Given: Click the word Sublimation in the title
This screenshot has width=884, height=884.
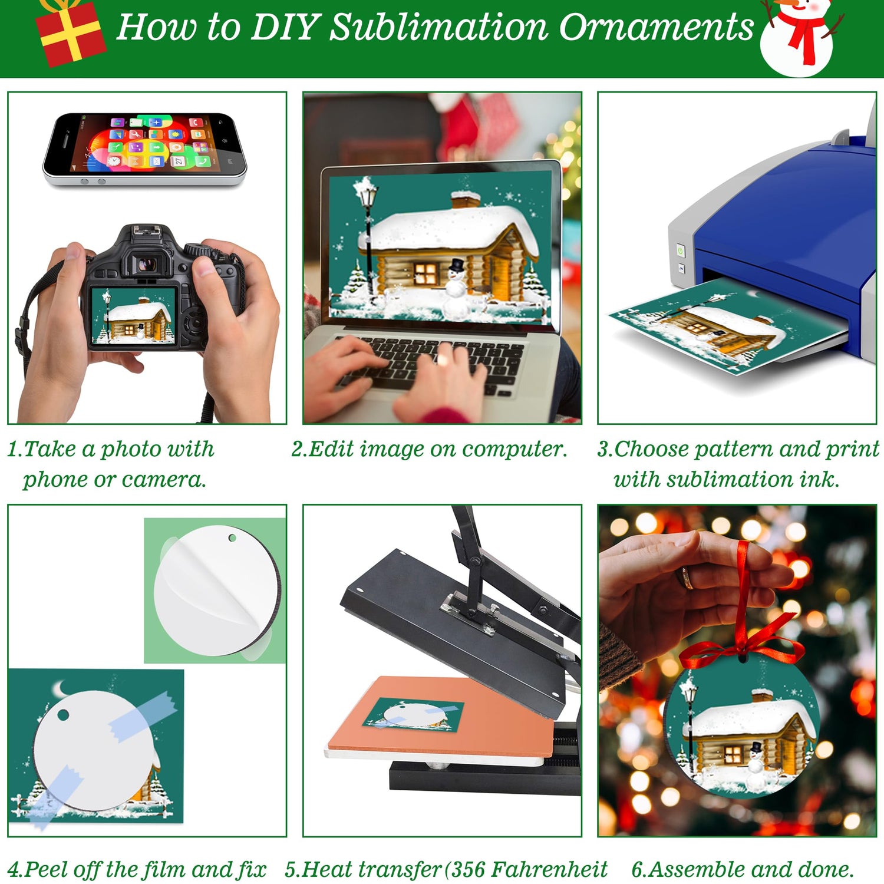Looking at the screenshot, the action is click(x=438, y=27).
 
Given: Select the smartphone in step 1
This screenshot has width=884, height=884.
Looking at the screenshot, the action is click(x=144, y=150).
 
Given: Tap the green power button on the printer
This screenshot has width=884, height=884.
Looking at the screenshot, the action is click(x=680, y=250).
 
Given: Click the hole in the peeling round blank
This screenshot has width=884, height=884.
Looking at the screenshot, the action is click(x=233, y=538).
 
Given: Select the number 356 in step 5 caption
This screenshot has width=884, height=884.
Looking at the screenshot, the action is click(x=467, y=869).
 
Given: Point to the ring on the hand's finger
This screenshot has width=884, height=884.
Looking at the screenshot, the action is click(x=686, y=578).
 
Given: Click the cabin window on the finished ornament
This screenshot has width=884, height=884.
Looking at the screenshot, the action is click(x=733, y=753).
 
